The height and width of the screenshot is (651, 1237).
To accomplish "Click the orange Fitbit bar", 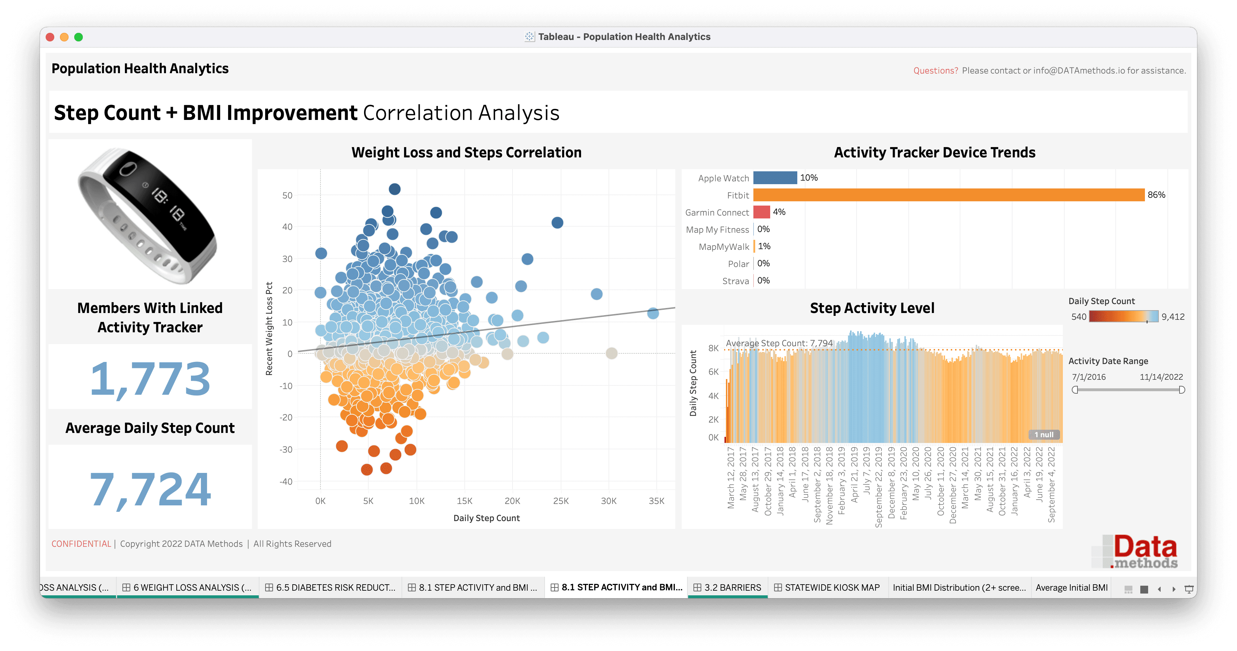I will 948,195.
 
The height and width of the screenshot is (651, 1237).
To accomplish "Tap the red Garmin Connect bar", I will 762,212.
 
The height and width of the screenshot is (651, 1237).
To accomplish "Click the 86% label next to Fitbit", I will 1156,195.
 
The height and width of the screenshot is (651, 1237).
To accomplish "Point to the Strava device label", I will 735,281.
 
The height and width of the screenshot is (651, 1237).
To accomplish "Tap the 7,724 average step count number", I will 150,489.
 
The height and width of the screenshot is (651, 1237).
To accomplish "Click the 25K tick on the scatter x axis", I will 560,501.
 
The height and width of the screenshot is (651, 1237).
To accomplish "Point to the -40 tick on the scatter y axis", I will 286,481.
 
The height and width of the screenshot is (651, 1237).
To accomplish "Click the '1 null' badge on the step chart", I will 1044,434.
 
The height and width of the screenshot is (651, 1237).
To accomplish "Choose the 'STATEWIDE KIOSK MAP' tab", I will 827,587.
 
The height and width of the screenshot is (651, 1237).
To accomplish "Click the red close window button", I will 50,37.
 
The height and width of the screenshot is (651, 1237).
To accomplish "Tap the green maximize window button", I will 79,37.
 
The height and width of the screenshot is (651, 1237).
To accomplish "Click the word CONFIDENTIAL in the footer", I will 81,544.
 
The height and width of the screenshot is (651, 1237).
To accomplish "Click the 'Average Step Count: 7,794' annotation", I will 779,343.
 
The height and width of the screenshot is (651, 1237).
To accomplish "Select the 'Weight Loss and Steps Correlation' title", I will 466,152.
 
